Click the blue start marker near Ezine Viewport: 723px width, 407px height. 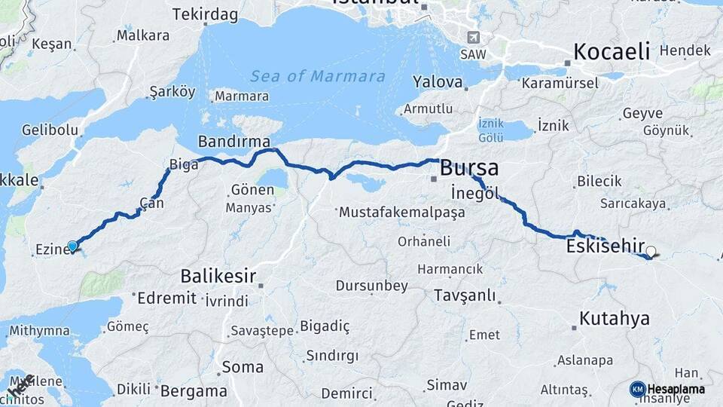72,246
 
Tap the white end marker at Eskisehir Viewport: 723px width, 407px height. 651,252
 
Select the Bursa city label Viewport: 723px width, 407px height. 468,167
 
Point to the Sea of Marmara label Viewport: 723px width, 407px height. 317,76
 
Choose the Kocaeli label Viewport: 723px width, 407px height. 612,51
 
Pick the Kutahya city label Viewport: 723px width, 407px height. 614,318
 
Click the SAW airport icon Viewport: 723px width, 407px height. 472,37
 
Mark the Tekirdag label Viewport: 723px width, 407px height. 205,14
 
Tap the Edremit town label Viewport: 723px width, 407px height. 166,298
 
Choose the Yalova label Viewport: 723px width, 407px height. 437,81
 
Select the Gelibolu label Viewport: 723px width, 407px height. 50,130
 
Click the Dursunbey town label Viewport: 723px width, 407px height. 371,286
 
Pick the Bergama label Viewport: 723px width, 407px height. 194,391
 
